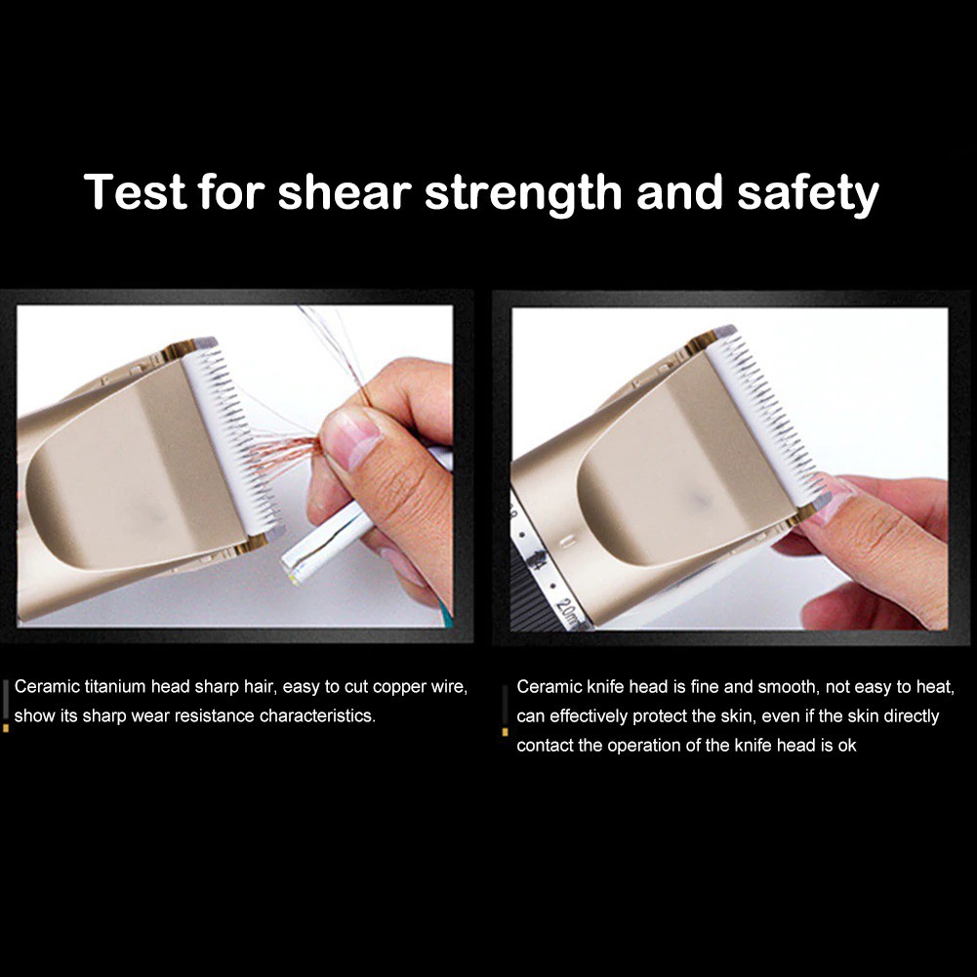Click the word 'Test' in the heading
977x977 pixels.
(135, 191)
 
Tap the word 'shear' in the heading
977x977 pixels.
(345, 191)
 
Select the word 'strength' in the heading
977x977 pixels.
(523, 194)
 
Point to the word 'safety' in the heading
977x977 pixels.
(807, 194)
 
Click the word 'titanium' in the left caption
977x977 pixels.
(115, 687)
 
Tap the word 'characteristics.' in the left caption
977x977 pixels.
(317, 716)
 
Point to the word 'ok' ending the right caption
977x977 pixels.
(847, 746)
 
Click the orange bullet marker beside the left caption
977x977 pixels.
(6, 727)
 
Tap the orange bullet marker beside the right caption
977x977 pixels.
(505, 731)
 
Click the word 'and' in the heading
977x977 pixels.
(678, 191)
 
